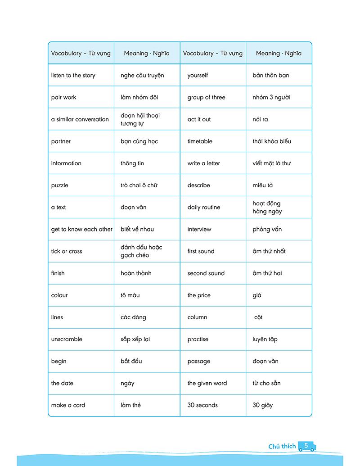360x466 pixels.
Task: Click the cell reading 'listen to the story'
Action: coord(73,75)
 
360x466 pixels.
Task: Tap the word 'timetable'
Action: coord(200,141)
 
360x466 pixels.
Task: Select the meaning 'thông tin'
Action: coord(132,163)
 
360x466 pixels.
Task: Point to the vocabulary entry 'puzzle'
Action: coord(60,185)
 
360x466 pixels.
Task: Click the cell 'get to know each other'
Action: coord(81,229)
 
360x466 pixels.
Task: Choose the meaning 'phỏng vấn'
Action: coord(267,229)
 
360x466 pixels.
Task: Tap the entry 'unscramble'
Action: coord(67,339)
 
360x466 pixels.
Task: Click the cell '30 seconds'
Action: coord(202,405)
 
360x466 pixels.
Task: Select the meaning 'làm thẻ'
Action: coord(130,405)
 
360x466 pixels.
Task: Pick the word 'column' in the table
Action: coord(197,317)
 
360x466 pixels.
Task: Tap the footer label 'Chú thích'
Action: coord(282,447)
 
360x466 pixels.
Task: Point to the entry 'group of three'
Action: coord(206,97)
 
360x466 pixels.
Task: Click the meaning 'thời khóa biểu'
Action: coord(272,141)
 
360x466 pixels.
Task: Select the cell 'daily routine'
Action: coord(204,208)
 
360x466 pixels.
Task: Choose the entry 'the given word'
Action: coord(207,384)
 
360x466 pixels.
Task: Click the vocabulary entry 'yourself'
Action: coord(198,75)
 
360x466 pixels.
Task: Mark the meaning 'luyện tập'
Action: coord(265,339)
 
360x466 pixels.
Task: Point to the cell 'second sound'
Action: coord(206,273)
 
